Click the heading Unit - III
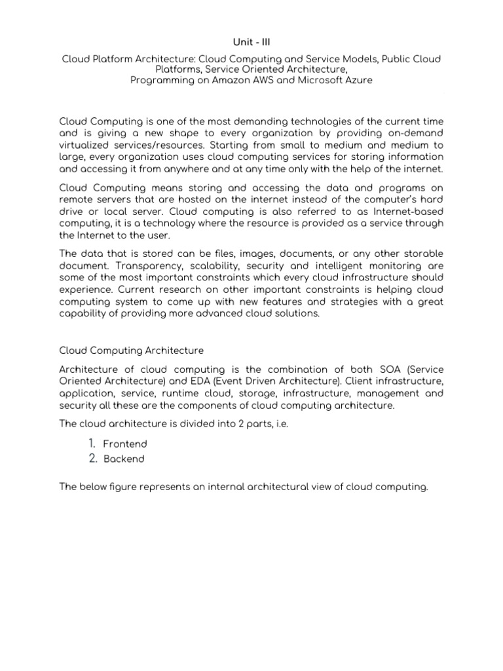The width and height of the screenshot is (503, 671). (251, 41)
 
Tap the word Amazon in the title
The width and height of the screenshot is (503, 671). (234, 80)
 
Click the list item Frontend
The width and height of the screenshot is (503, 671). (125, 444)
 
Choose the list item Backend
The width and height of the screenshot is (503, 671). (124, 459)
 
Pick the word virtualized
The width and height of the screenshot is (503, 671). (86, 145)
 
